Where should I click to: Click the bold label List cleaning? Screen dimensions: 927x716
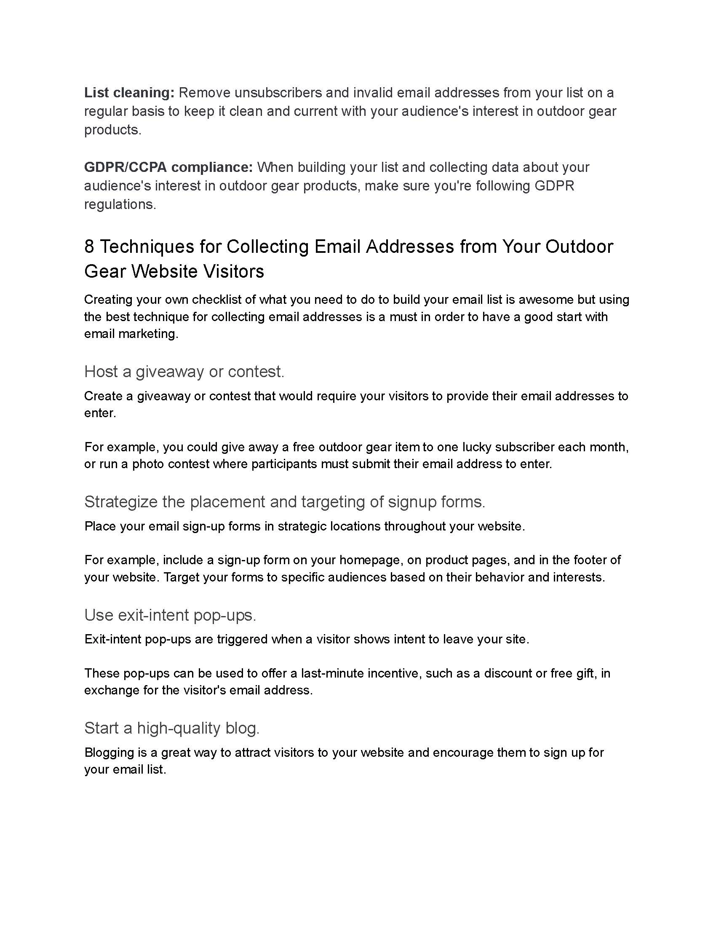point(129,93)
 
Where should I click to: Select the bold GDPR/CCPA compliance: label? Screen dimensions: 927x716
point(168,167)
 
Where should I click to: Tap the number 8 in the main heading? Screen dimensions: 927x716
point(89,246)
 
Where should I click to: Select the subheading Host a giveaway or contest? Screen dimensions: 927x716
point(184,372)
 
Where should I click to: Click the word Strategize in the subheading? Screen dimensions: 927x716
point(120,502)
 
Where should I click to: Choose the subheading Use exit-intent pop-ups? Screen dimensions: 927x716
point(170,615)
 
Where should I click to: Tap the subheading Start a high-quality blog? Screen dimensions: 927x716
point(172,728)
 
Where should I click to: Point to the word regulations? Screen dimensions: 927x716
point(120,205)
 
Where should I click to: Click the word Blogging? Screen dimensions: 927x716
point(109,753)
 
